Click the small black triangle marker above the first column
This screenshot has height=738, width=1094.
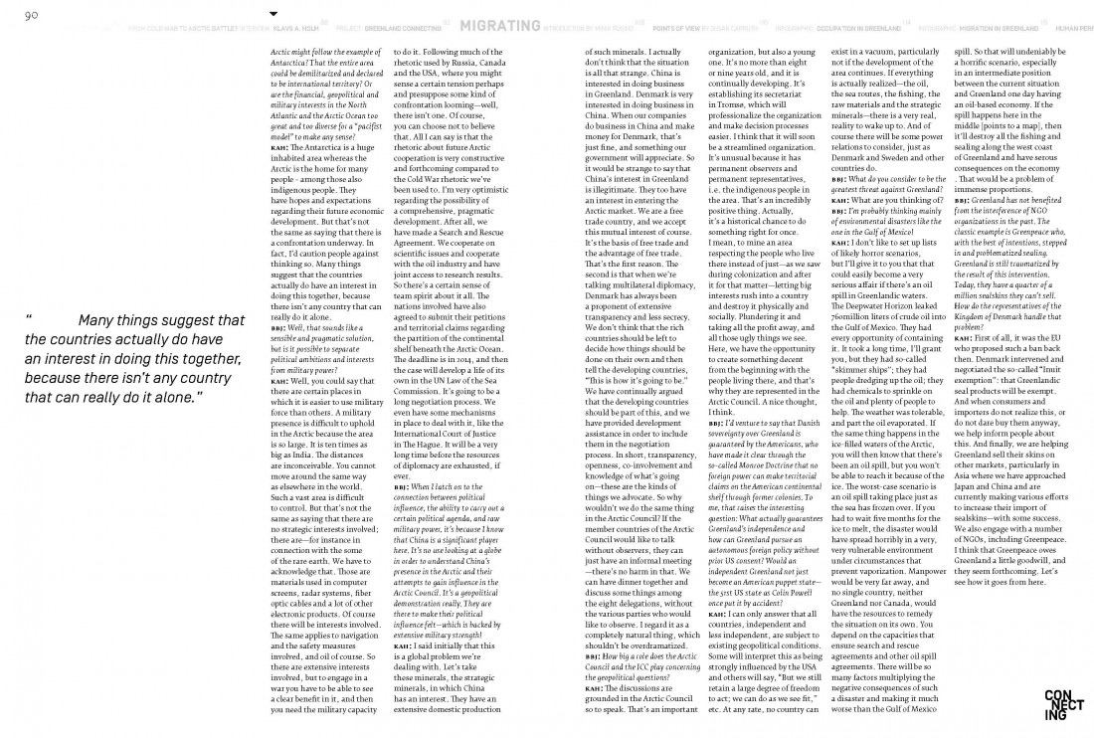coord(274,14)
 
